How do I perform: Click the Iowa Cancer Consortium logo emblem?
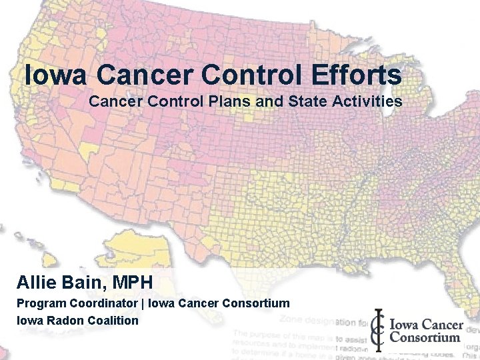[379, 330]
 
